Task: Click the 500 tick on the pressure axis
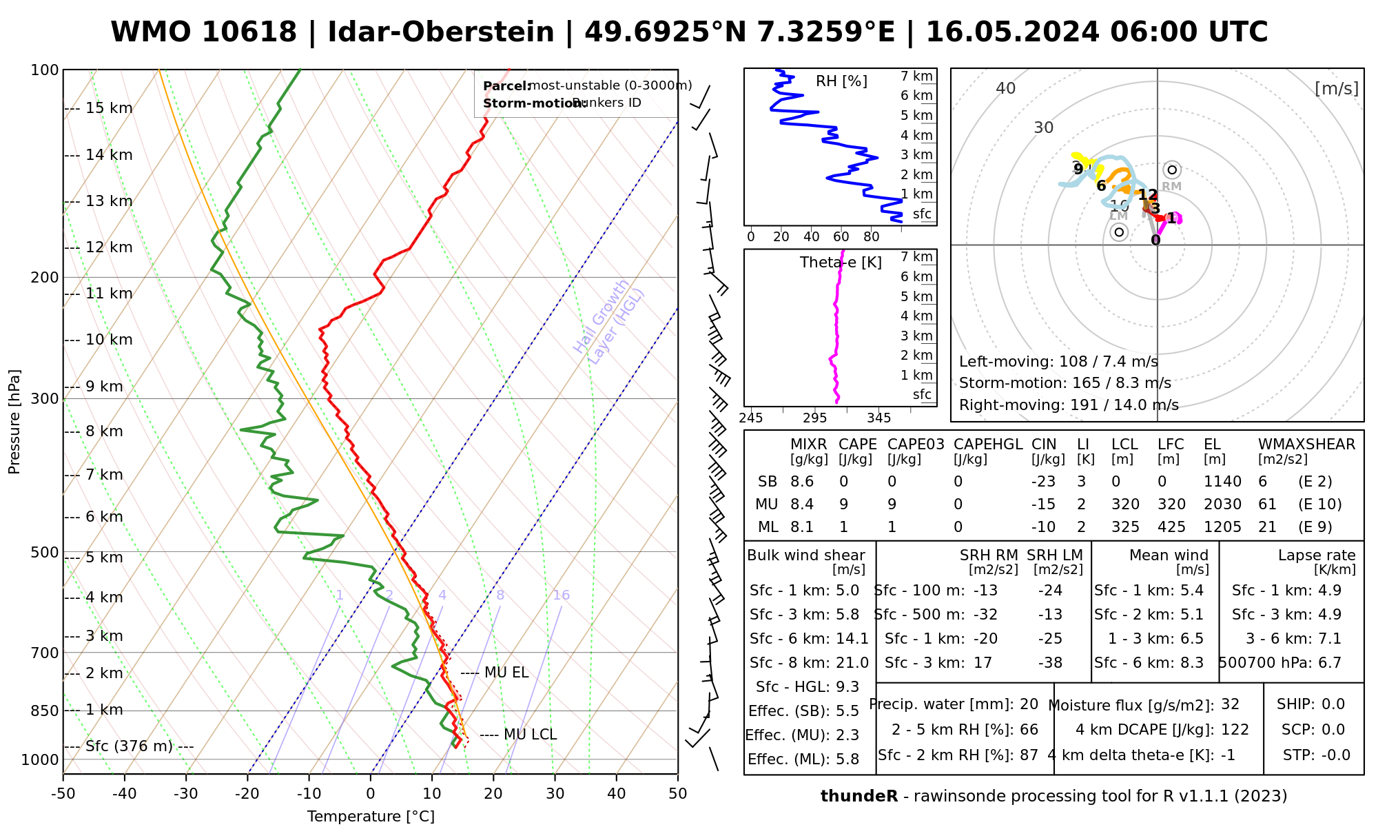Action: pyautogui.click(x=45, y=553)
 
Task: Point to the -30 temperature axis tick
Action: pyautogui.click(x=186, y=794)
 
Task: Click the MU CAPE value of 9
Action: pyautogui.click(x=843, y=504)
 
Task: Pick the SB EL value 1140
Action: pyautogui.click(x=1222, y=482)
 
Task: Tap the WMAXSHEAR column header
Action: pyautogui.click(x=1306, y=445)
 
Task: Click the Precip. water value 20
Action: pyautogui.click(x=1029, y=704)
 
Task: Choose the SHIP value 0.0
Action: pyautogui.click(x=1333, y=704)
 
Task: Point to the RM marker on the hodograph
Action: pyautogui.click(x=1172, y=170)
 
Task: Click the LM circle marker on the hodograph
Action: pyautogui.click(x=1120, y=232)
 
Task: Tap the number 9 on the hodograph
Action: pyautogui.click(x=1078, y=169)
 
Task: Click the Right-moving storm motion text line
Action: pyautogui.click(x=1069, y=405)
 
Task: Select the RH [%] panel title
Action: pyautogui.click(x=841, y=81)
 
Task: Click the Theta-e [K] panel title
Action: pyautogui.click(x=841, y=263)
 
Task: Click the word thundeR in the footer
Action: pyautogui.click(x=859, y=797)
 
